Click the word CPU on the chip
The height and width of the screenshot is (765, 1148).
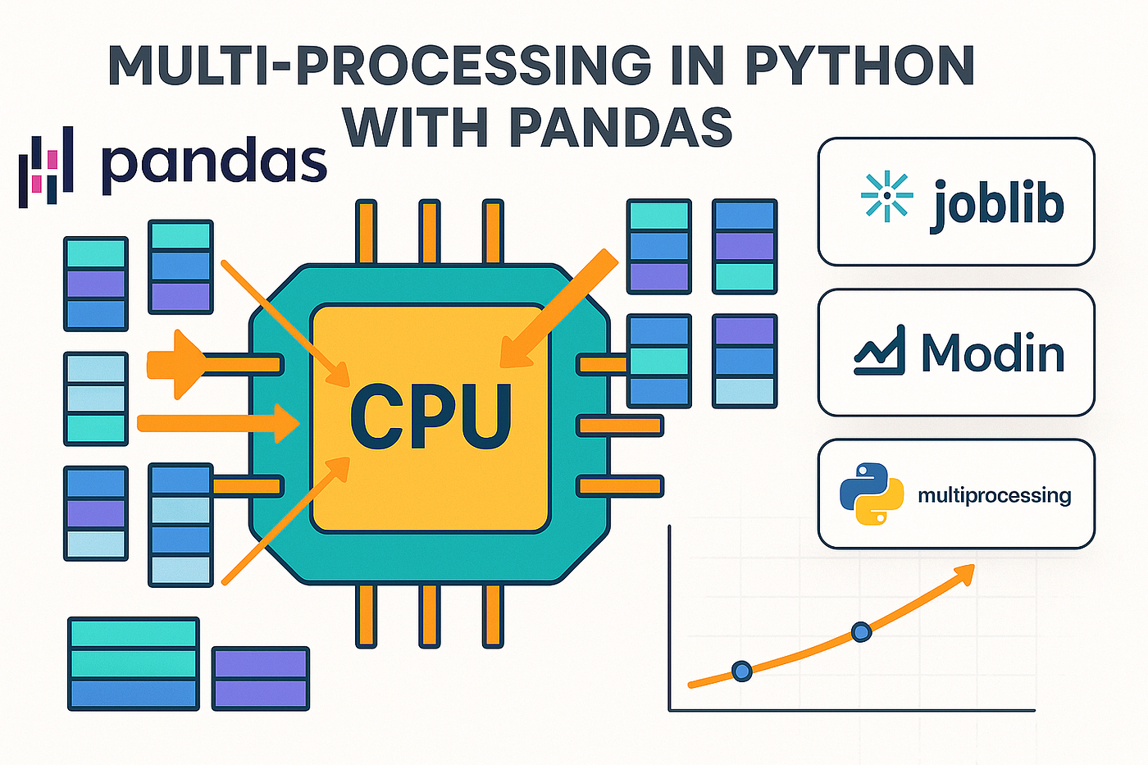[430, 416]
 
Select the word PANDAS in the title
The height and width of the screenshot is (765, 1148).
[620, 127]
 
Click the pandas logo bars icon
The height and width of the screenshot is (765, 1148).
[46, 166]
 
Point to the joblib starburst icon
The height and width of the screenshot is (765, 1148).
[886, 197]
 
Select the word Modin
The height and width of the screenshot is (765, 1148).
[992, 353]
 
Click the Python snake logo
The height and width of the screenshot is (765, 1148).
[871, 494]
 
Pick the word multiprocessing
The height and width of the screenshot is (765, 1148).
[994, 495]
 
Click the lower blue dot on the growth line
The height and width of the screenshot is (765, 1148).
[741, 671]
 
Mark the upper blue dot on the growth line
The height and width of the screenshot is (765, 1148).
[861, 631]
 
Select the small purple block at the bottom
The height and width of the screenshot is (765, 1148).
[261, 678]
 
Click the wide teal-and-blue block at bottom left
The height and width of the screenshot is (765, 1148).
[134, 663]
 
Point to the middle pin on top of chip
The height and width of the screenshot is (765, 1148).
[429, 232]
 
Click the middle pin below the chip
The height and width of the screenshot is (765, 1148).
[429, 615]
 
